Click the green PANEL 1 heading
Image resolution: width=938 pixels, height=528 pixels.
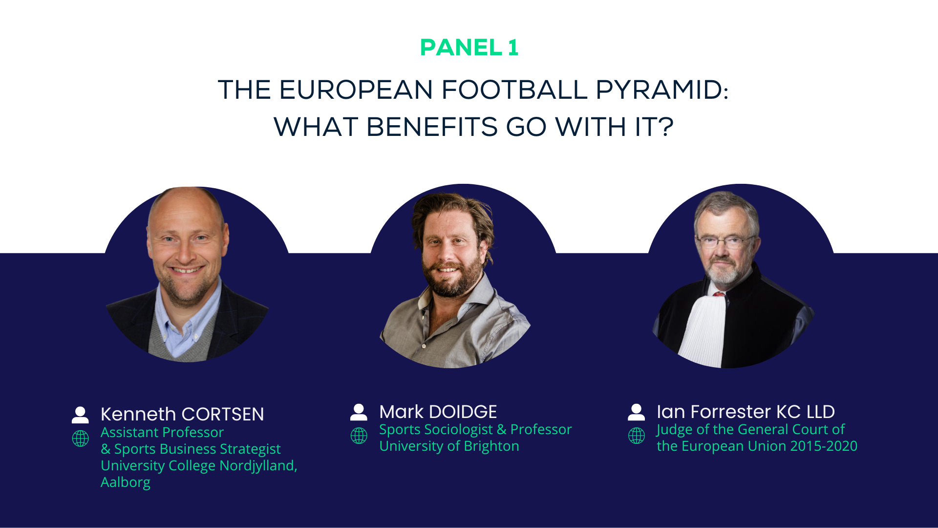pyautogui.click(x=469, y=47)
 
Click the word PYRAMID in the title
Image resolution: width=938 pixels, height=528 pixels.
pyautogui.click(x=662, y=90)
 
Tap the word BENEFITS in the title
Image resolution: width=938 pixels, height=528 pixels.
pyautogui.click(x=432, y=127)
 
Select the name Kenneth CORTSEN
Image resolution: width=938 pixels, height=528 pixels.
pyautogui.click(x=182, y=414)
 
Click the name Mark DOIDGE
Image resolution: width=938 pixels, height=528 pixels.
pyautogui.click(x=438, y=412)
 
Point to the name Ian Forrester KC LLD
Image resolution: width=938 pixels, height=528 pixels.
pyautogui.click(x=746, y=412)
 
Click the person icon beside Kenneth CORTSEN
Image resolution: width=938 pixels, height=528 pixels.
pyautogui.click(x=80, y=415)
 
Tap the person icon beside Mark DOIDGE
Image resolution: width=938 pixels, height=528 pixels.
pyautogui.click(x=359, y=412)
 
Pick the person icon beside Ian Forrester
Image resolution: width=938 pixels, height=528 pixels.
pyautogui.click(x=636, y=412)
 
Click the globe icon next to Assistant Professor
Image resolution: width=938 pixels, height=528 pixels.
pyautogui.click(x=81, y=438)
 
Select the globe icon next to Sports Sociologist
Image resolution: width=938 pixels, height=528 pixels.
pyautogui.click(x=359, y=436)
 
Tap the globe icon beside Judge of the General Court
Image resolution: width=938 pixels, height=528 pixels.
pyautogui.click(x=637, y=436)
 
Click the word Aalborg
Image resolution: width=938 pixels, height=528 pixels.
pyautogui.click(x=126, y=483)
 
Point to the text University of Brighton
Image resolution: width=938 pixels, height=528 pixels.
pyautogui.click(x=449, y=446)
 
